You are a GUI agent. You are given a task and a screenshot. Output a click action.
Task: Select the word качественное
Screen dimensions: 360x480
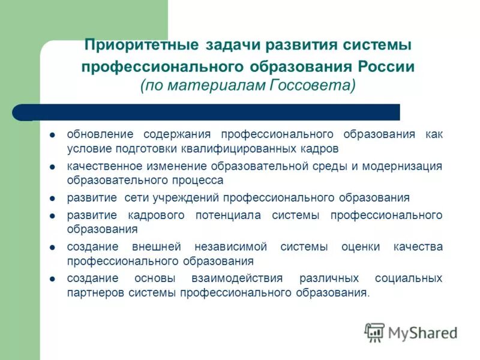pyautogui.click(x=104, y=166)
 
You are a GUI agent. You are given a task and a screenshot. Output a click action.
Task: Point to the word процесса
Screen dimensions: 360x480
pyautogui.click(x=196, y=180)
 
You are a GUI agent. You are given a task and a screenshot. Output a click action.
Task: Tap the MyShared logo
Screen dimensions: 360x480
pyautogui.click(x=410, y=332)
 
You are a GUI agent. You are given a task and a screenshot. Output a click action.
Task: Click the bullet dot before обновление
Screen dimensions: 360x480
pyautogui.click(x=53, y=134)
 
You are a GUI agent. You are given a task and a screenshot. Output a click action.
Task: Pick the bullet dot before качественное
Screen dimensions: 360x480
pyautogui.click(x=53, y=167)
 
